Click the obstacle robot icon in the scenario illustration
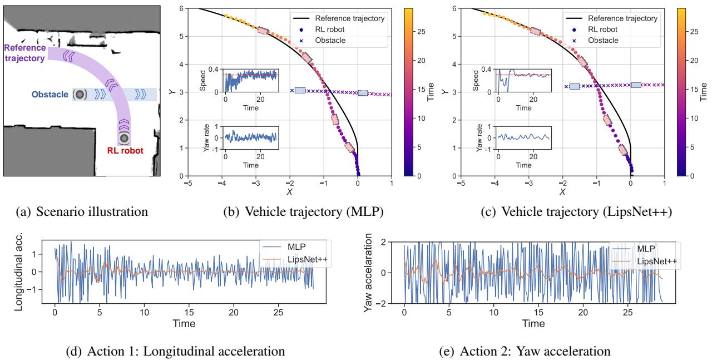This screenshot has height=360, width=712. click(x=80, y=95)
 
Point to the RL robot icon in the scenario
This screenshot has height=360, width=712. click(x=123, y=137)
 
